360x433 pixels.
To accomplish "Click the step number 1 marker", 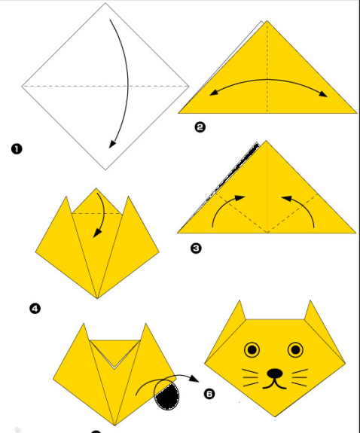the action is click(x=17, y=149).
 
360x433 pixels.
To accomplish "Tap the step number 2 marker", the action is click(x=200, y=127).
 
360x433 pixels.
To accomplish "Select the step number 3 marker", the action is click(x=196, y=249).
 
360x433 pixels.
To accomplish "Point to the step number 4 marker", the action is click(x=35, y=309).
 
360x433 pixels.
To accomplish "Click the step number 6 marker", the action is click(x=209, y=394).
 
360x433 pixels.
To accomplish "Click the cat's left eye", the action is click(x=252, y=350).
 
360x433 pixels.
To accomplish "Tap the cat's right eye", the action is click(x=295, y=350).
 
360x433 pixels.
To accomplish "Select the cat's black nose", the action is click(x=275, y=374).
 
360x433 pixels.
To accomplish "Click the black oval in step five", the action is click(x=167, y=396).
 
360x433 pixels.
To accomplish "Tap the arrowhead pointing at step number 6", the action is click(x=194, y=378).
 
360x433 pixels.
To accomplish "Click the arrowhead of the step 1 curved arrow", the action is click(x=112, y=144).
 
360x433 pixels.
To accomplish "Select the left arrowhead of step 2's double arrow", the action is click(x=214, y=93).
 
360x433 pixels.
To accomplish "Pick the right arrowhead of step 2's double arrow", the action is click(x=323, y=94).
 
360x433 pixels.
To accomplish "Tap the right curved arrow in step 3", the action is click(x=303, y=205).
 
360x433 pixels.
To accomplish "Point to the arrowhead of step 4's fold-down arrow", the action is click(x=96, y=233).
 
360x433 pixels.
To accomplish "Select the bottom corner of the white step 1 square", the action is click(x=105, y=170).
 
